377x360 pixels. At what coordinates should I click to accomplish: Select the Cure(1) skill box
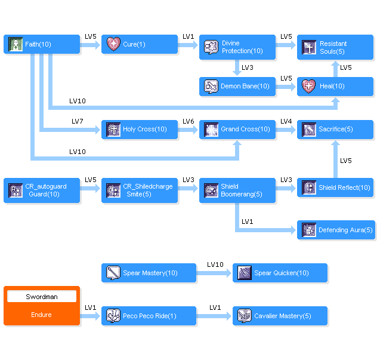point(140,44)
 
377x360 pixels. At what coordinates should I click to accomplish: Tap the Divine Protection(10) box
point(237,47)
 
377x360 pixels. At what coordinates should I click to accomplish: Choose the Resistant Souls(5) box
point(335,47)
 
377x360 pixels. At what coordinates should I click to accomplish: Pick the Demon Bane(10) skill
point(237,87)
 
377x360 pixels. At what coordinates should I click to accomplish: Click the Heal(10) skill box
point(335,87)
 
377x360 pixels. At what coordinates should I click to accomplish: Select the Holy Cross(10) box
point(140,130)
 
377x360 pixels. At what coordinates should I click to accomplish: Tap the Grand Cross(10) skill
point(237,130)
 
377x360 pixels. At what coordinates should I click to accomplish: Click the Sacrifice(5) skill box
point(335,130)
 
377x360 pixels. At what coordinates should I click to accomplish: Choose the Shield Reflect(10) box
point(335,187)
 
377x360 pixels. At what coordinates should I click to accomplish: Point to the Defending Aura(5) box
point(335,230)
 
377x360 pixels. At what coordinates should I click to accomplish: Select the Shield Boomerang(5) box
point(237,190)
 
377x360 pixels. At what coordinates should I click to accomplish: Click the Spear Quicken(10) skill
point(280,273)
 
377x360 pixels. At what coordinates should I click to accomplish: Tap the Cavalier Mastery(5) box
point(280,316)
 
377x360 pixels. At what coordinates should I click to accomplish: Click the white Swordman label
point(42,297)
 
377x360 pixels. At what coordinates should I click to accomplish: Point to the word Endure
point(42,315)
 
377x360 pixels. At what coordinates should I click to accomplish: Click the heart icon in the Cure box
point(113,44)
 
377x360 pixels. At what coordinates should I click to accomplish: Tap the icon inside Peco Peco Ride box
point(113,316)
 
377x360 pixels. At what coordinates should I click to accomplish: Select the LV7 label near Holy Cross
point(78,121)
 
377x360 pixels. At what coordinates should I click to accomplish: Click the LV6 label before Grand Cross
point(188,121)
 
